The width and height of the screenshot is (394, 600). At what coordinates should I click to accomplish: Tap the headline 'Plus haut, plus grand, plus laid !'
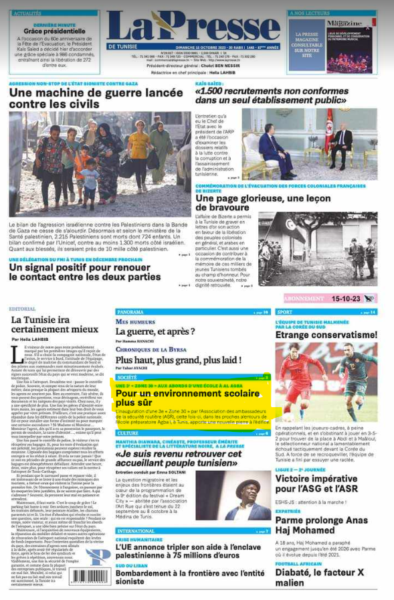(177, 360)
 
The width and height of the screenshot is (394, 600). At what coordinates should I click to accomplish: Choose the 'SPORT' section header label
(285, 312)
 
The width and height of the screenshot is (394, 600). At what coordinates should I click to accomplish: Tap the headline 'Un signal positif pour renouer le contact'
(84, 272)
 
